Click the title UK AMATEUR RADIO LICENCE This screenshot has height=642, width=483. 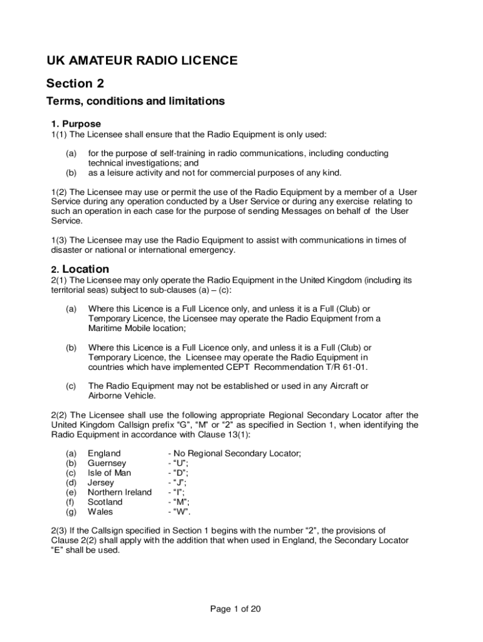coord(142,61)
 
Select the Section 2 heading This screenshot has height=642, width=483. coord(75,83)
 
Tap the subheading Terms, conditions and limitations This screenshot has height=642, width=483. coord(135,101)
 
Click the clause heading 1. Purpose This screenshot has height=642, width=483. coord(76,124)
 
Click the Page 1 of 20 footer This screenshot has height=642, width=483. coord(235,609)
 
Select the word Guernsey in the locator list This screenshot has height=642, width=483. coord(107,463)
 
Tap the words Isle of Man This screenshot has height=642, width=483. coord(109,473)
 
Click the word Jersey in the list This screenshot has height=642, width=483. coord(100,483)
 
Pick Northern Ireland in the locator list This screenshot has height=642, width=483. coord(119,492)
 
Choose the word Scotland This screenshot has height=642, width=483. coord(105,502)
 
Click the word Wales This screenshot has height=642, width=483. coord(100,512)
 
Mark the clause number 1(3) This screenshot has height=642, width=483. coord(58,240)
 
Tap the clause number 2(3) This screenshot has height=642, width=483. coord(58,530)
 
